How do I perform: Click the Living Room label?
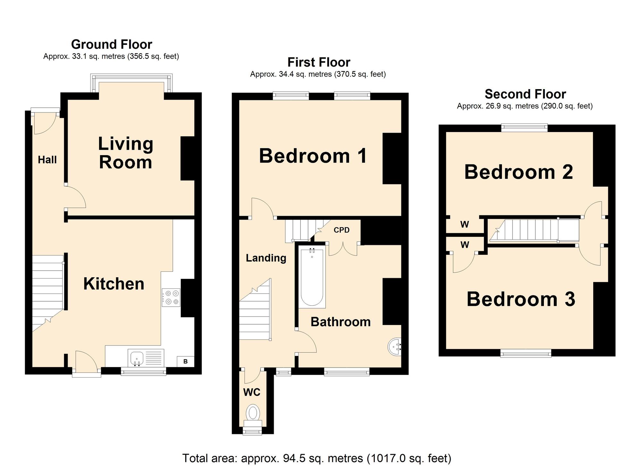pos(125,153)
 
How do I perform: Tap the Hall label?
pos(47,160)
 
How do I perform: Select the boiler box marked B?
pos(185,362)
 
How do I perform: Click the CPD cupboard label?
pos(341,230)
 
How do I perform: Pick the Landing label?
pos(266,258)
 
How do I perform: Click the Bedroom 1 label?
pos(313,156)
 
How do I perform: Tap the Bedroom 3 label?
pos(520,299)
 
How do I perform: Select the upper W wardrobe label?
pos(464,225)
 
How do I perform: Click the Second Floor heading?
pos(525,94)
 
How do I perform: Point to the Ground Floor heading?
pos(112,44)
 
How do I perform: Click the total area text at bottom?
pos(316,458)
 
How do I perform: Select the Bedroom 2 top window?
pos(524,128)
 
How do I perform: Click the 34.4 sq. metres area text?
pos(318,74)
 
